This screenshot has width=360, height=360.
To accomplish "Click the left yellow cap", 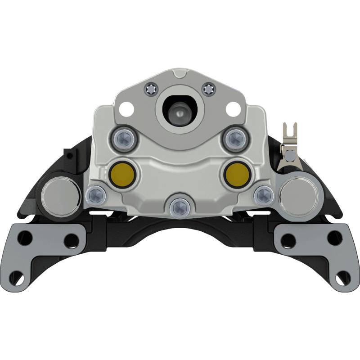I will (121, 173).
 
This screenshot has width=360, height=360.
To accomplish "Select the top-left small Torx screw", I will (151, 90).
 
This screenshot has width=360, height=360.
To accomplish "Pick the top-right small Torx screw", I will (209, 90).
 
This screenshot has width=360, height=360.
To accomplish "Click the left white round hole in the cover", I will (127, 108).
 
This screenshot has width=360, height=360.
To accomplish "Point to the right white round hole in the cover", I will (233, 108).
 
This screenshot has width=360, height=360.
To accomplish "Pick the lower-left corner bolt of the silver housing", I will (96, 195).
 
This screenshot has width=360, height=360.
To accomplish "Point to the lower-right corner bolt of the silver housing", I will (264, 195).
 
